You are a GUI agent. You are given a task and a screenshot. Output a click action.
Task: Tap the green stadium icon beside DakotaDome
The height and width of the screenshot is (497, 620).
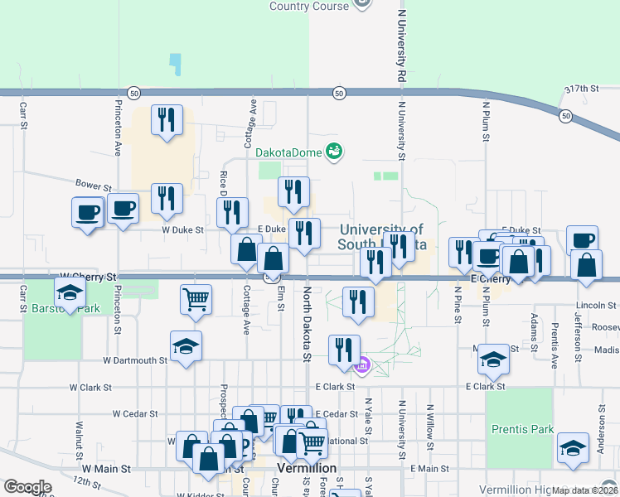coord(334,151)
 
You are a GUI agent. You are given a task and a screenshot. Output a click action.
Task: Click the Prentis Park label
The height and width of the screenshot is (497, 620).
coord(521,430)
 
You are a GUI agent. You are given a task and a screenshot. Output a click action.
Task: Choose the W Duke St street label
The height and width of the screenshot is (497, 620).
coord(182,229)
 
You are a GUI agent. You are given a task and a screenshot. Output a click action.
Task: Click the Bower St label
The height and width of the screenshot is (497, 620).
coord(93,184)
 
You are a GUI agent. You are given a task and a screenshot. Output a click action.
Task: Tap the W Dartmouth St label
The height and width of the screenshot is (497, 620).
coord(135,360)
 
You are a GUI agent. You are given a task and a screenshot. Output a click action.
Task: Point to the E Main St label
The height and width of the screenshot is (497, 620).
coord(428,469)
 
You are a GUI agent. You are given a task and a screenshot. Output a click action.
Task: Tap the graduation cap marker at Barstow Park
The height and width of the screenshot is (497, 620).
coord(70,292)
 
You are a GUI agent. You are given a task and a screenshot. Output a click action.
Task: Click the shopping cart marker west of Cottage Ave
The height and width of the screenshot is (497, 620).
coord(196,299)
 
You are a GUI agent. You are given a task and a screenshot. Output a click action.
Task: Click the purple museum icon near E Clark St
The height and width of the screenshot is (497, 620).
coord(361,364)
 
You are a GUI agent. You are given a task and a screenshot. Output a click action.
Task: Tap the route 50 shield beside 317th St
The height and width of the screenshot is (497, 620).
coord(564,115)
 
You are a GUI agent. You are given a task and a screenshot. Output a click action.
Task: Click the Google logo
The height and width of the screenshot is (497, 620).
coord(27,487)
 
